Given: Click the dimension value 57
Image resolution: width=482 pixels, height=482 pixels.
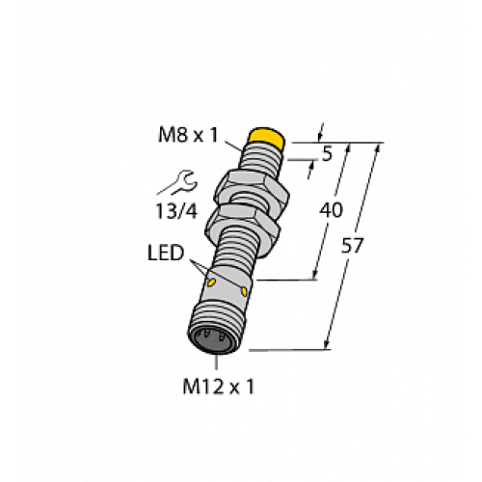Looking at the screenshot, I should coord(354,246).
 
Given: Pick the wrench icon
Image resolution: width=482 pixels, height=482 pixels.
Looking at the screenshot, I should coord(181,178).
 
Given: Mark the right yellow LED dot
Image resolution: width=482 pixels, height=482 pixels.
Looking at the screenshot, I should coord(245,289).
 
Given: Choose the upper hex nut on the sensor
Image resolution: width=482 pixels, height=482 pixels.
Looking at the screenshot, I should coord(250,186).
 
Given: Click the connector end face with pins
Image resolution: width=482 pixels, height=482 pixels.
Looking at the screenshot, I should coord(213,339).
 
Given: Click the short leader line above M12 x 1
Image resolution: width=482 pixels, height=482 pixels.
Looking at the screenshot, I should coord(214,364).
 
